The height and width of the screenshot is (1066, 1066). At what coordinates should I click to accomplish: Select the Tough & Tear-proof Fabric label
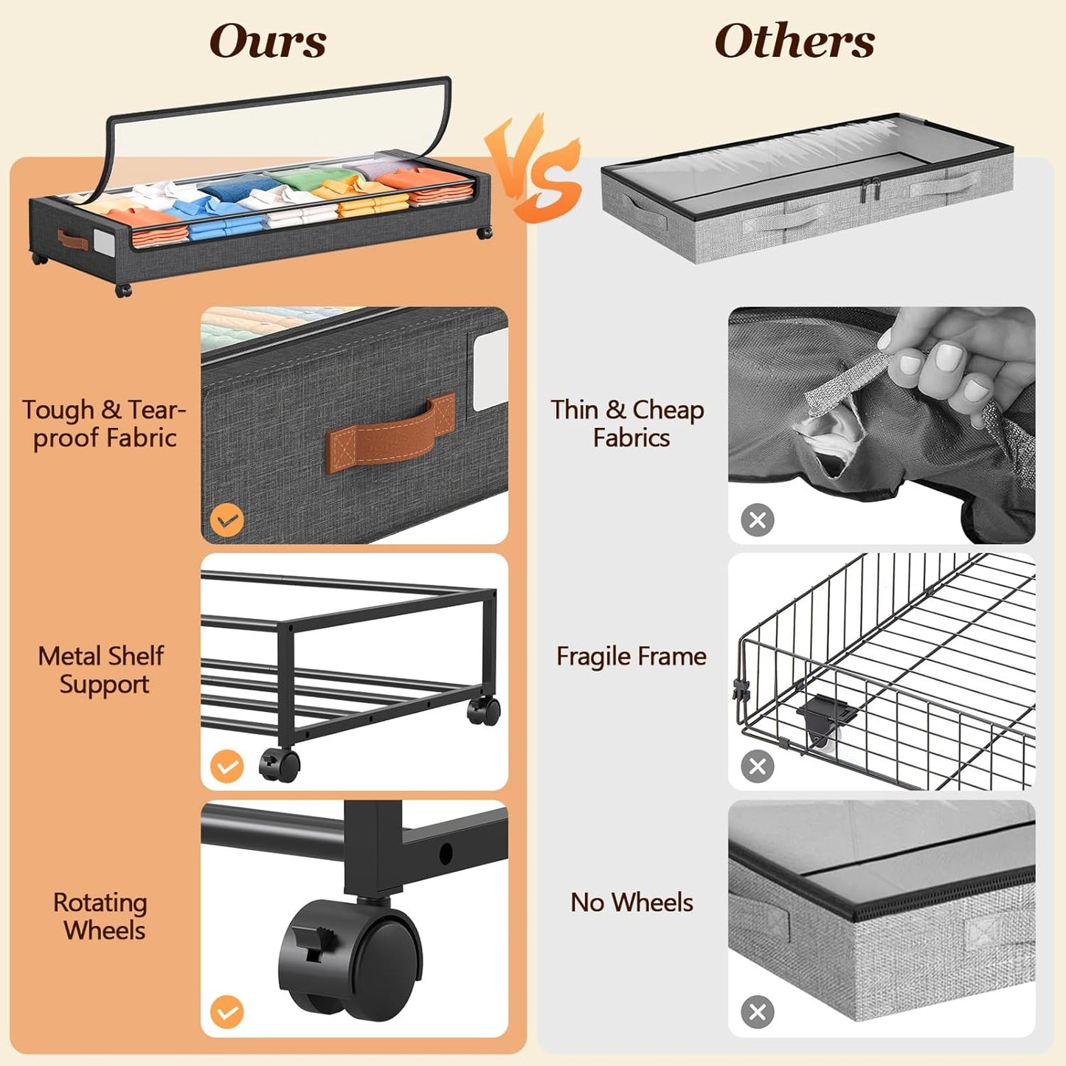coord(103,423)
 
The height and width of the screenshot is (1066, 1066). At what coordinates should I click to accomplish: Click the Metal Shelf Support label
coord(102,670)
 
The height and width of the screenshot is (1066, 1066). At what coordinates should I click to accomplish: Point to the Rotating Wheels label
coord(101,916)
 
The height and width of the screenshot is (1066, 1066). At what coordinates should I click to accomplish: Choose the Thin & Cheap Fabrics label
coord(628,423)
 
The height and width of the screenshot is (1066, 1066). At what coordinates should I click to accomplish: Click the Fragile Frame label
coord(631,656)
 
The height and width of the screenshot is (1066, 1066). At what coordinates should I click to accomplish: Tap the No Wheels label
coord(631,902)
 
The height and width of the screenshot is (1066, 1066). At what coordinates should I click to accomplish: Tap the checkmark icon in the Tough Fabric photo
coord(226,520)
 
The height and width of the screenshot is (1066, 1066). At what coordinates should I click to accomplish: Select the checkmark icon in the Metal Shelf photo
coord(226,766)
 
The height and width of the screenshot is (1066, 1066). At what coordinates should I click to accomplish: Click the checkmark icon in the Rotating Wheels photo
coord(226,1012)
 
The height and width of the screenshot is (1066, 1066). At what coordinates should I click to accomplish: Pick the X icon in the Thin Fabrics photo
coord(758,520)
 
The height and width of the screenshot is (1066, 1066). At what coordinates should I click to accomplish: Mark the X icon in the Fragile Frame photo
coord(758,766)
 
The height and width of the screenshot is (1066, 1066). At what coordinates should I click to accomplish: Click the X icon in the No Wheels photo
coord(758,1012)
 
